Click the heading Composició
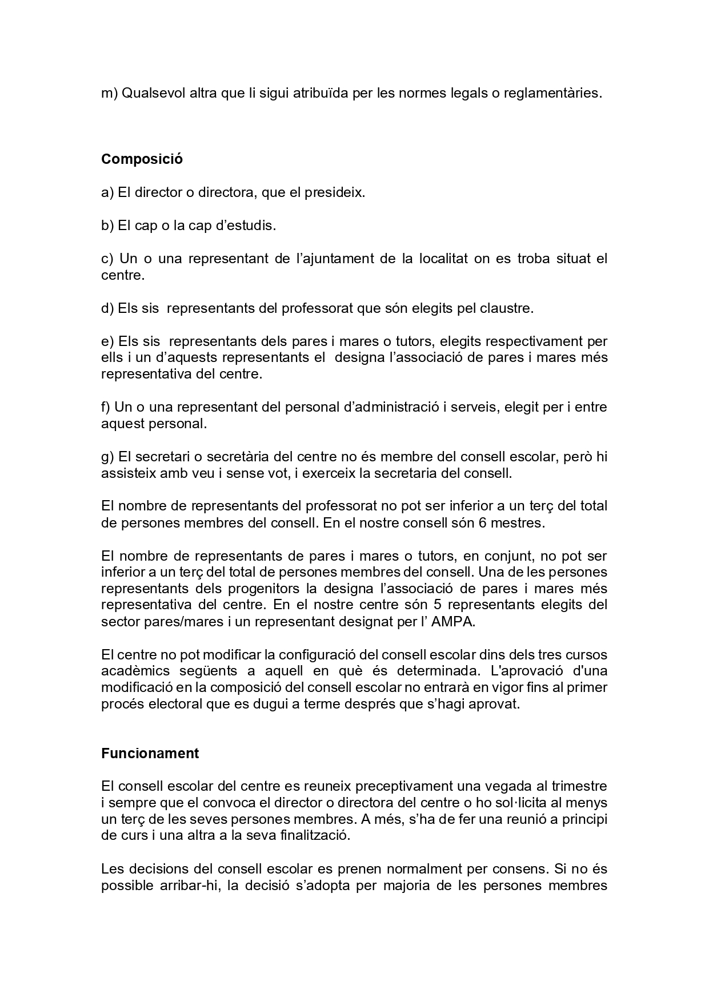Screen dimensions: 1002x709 point(142,159)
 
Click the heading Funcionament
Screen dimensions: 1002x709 point(150,753)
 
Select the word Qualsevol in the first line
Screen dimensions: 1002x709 point(150,93)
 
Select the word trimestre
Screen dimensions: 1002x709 point(576,787)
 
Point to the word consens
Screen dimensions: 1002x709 point(517,869)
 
